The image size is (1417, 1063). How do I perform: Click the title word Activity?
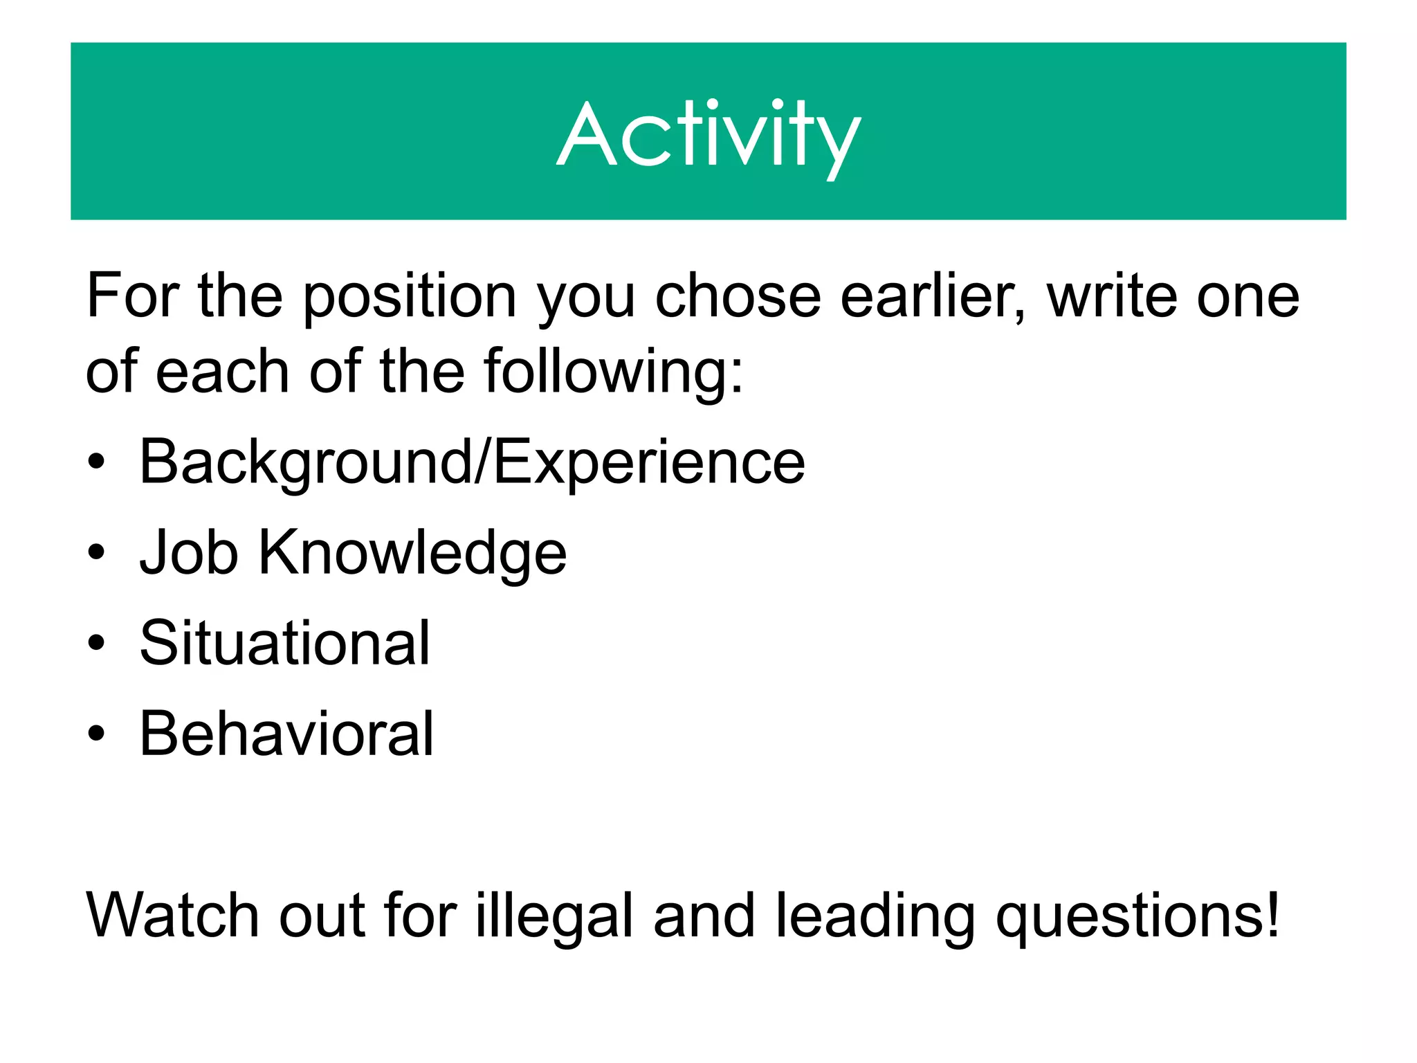click(708, 135)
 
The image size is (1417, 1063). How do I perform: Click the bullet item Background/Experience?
click(472, 462)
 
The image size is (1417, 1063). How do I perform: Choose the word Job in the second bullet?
click(189, 552)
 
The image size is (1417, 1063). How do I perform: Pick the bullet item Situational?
click(284, 643)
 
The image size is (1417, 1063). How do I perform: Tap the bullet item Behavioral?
click(286, 734)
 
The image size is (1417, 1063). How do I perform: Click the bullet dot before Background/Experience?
click(97, 462)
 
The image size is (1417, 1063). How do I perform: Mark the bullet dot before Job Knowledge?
click(97, 553)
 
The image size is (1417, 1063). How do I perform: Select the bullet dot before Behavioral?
click(97, 734)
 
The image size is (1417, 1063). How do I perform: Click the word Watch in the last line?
click(173, 915)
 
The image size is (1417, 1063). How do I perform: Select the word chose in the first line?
click(738, 296)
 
